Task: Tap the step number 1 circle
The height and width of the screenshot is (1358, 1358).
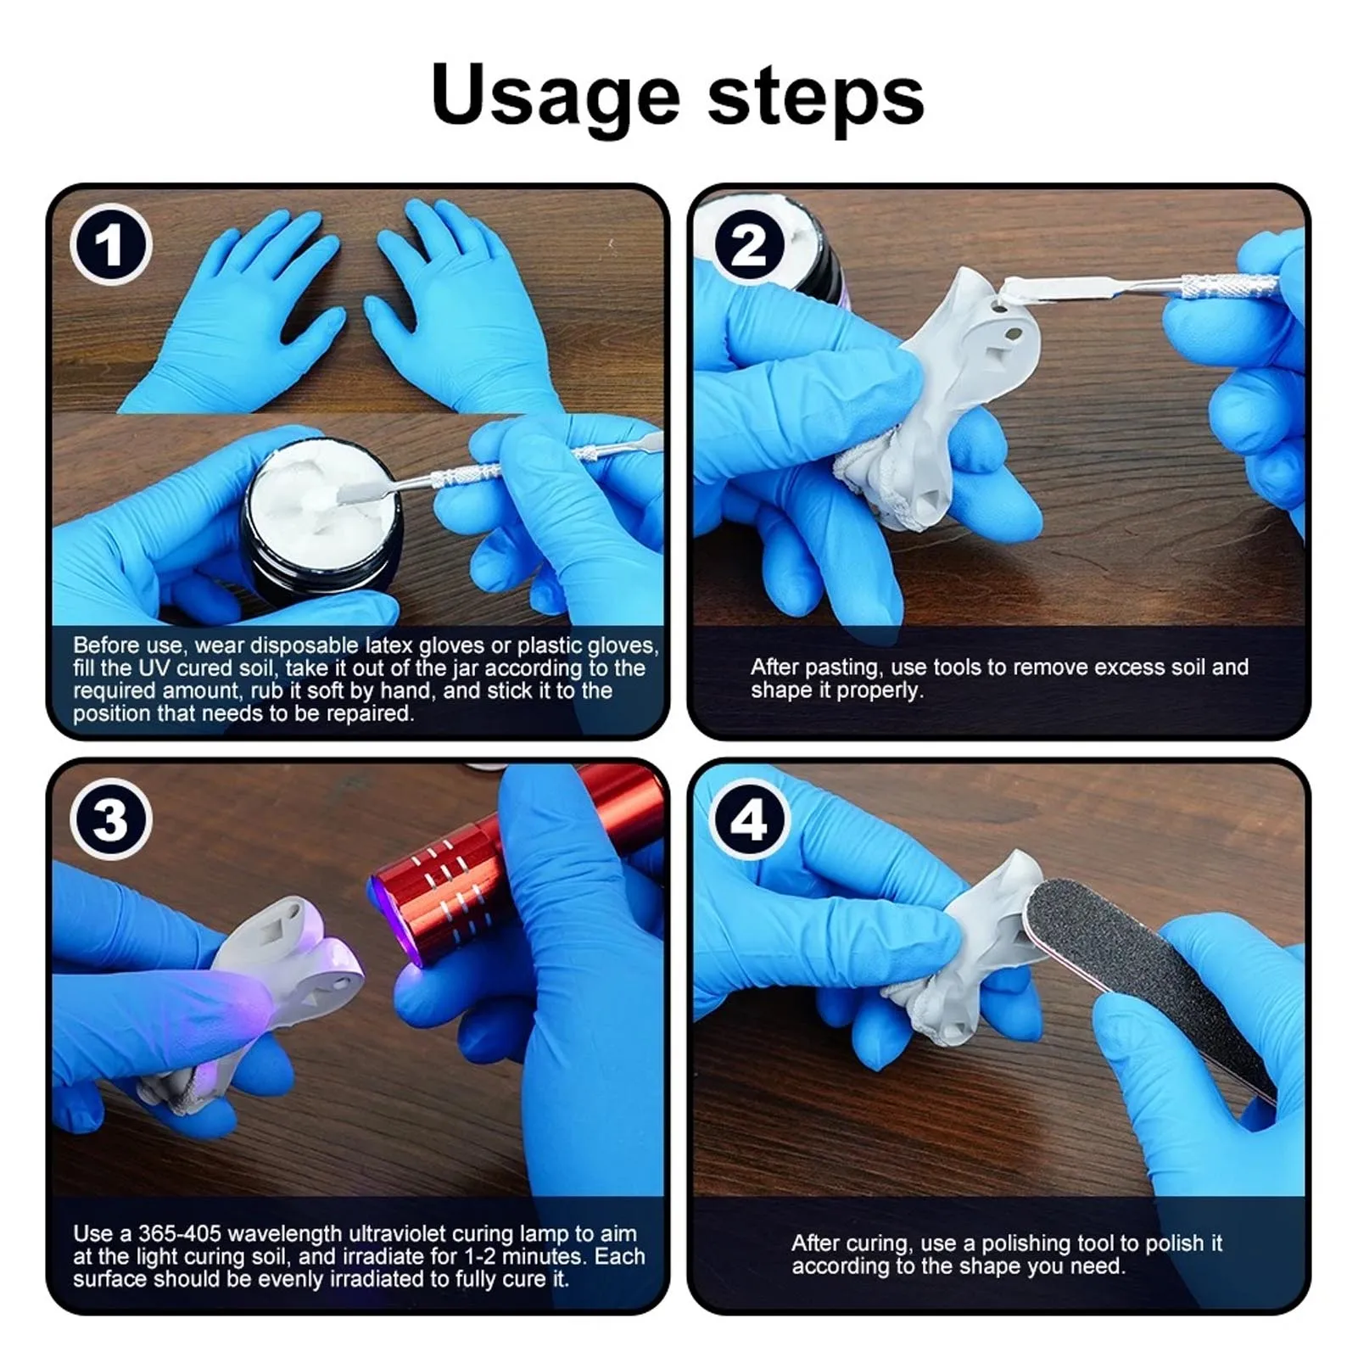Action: pos(111,245)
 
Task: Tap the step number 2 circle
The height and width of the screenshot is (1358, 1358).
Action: pos(749,245)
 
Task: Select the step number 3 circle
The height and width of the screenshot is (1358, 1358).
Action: pos(111,819)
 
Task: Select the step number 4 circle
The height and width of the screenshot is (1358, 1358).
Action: pos(749,819)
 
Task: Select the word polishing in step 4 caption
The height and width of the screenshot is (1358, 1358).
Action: pos(1025,1243)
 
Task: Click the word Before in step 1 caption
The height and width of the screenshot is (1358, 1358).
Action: pos(106,645)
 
